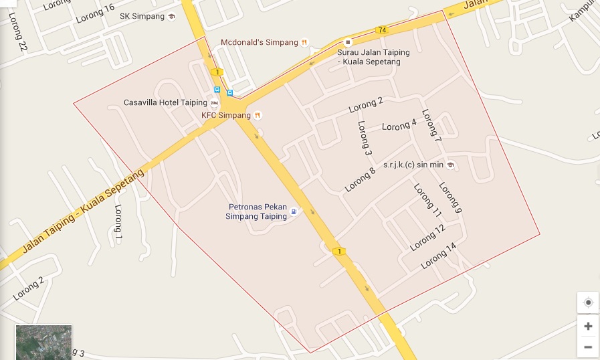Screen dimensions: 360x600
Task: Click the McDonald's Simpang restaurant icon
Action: click(x=304, y=42)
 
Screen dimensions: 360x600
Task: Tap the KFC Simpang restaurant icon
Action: click(x=258, y=115)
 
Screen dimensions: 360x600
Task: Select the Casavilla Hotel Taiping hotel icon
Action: click(x=213, y=103)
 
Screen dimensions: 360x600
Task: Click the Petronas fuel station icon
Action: click(x=293, y=212)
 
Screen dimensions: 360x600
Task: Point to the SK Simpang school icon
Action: click(x=172, y=16)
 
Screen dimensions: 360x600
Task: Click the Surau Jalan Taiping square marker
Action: click(x=348, y=41)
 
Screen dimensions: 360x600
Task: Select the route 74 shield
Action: click(x=381, y=30)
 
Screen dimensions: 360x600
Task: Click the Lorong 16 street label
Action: click(x=95, y=13)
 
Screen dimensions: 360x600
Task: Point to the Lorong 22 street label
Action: click(x=18, y=33)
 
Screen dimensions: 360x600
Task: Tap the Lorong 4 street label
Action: click(x=399, y=125)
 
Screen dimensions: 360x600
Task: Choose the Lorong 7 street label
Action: click(x=432, y=125)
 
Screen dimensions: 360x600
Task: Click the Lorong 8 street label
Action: click(x=360, y=179)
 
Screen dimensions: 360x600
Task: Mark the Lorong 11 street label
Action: click(x=428, y=200)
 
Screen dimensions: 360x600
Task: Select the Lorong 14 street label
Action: click(x=439, y=256)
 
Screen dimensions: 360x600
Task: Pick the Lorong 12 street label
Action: click(x=427, y=238)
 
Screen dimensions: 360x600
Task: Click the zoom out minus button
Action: click(x=588, y=347)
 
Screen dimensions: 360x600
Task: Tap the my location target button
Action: click(x=588, y=302)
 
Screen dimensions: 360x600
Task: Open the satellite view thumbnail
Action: click(x=43, y=342)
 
